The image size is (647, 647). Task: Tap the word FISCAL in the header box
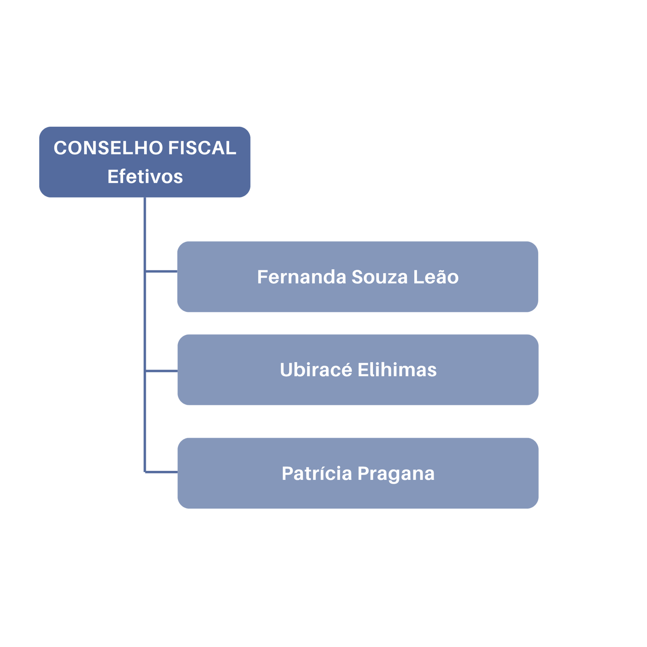[x=202, y=148]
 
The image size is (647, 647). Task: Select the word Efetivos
[x=145, y=177]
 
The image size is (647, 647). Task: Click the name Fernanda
[x=301, y=277]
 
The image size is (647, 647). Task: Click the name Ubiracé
[x=316, y=370]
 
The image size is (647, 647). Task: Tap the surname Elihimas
[x=397, y=370]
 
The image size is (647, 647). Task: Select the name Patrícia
[x=316, y=474]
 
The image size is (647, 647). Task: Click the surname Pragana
[x=396, y=474]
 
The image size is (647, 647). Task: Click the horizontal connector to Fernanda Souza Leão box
[x=161, y=271]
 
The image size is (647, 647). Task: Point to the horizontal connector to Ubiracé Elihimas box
[x=161, y=371]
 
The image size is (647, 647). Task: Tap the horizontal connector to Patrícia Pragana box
[x=161, y=472]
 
